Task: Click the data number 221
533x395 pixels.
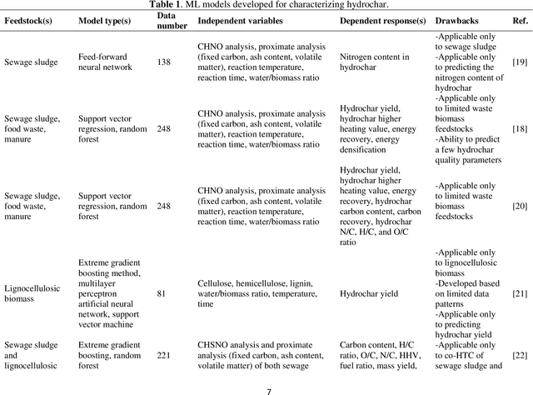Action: (x=164, y=355)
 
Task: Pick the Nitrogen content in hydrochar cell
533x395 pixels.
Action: (x=374, y=62)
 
